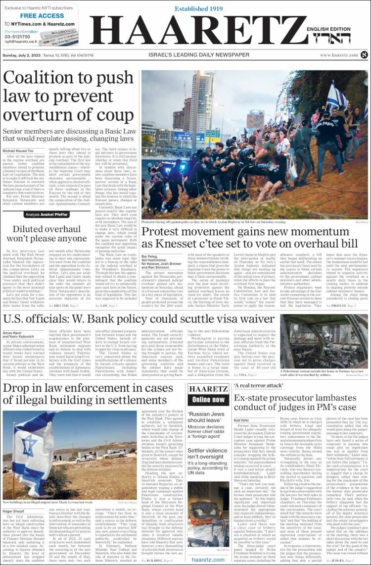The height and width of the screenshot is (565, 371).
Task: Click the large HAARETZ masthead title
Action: (x=198, y=30)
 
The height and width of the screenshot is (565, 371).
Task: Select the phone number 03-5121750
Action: (x=17, y=37)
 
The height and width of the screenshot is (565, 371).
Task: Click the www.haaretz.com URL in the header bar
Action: (x=339, y=55)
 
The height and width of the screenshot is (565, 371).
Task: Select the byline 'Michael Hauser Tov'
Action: (x=19, y=151)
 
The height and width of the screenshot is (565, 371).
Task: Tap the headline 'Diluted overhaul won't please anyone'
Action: (x=46, y=233)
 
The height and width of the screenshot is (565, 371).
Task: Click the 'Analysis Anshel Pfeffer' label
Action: (x=46, y=215)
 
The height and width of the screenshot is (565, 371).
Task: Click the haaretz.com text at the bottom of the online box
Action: (x=209, y=559)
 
